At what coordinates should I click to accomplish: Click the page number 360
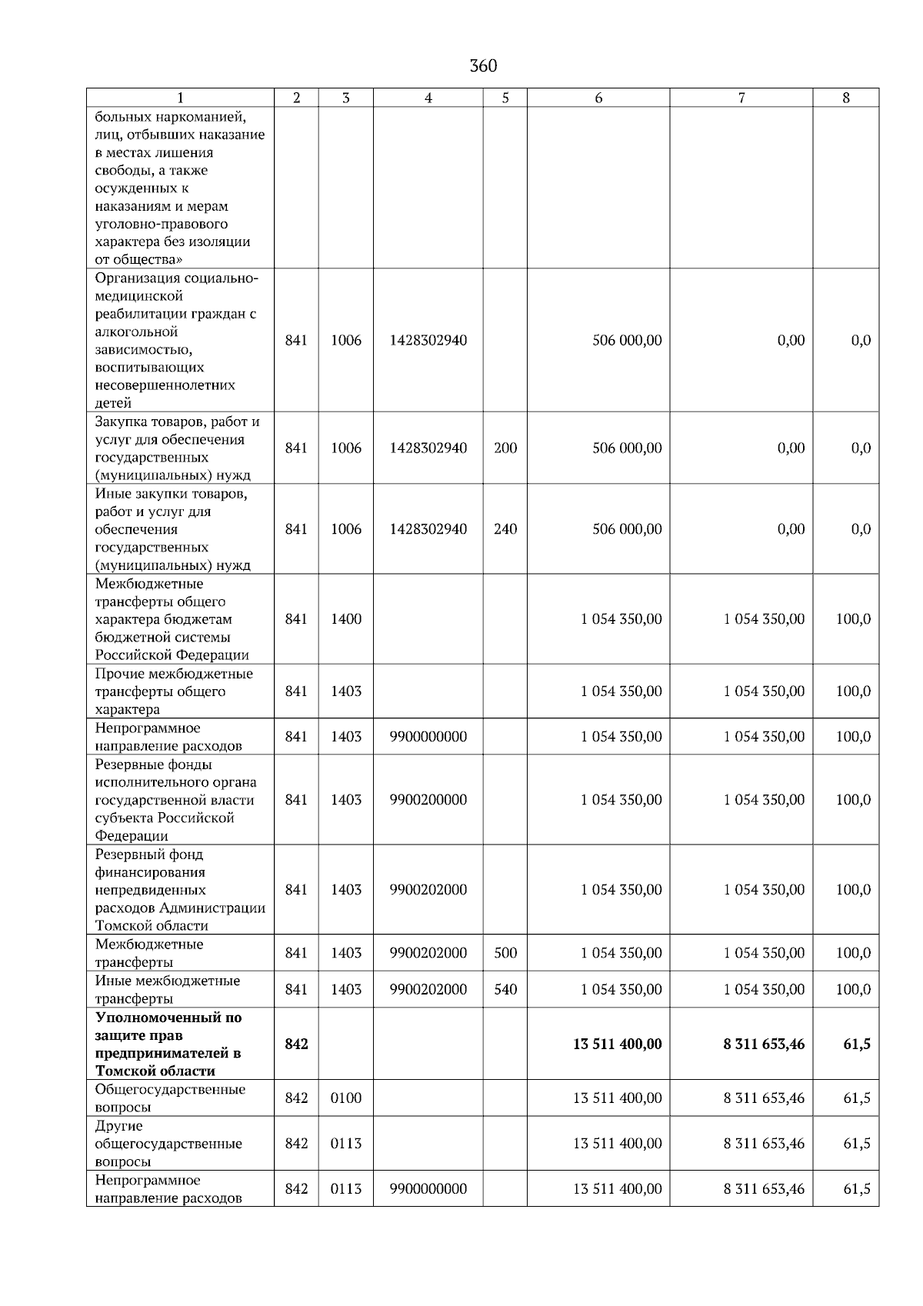(x=483, y=66)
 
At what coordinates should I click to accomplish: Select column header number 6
(x=598, y=98)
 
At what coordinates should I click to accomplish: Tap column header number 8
(x=846, y=98)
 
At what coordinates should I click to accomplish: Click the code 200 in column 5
(x=505, y=448)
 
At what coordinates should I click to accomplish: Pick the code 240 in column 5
(x=505, y=529)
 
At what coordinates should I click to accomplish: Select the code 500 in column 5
(x=505, y=953)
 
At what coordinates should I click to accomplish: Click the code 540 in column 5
(x=505, y=990)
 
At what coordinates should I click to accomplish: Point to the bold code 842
(x=296, y=1044)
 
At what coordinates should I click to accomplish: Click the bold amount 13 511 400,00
(x=617, y=1044)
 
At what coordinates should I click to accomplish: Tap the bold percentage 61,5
(x=857, y=1044)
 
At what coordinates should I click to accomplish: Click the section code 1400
(x=346, y=619)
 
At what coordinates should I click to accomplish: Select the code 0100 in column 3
(x=346, y=1098)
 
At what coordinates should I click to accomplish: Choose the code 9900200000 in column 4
(x=428, y=800)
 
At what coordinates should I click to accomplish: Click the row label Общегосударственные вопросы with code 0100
(x=170, y=1098)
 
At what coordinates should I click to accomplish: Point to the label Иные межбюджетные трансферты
(x=167, y=990)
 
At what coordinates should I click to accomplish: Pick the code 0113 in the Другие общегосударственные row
(x=346, y=1144)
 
